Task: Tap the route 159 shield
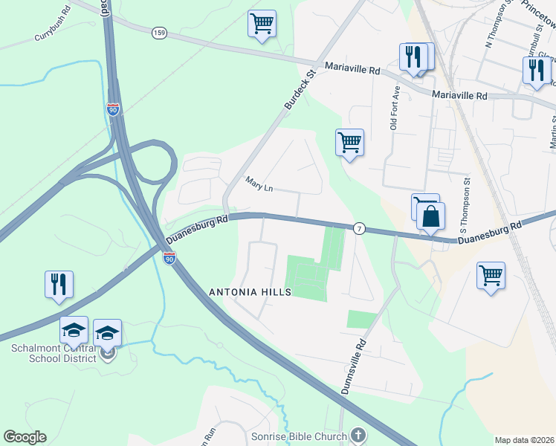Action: (x=158, y=33)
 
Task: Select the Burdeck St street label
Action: (x=300, y=89)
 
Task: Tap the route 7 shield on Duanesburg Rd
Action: (x=359, y=227)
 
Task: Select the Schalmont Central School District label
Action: (x=54, y=353)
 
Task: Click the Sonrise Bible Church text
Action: (x=300, y=436)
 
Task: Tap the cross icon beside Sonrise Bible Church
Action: (x=358, y=436)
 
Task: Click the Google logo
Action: (x=25, y=437)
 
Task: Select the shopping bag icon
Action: (x=430, y=217)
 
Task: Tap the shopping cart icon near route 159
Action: (x=262, y=24)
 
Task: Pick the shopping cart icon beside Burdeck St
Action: (x=349, y=141)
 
